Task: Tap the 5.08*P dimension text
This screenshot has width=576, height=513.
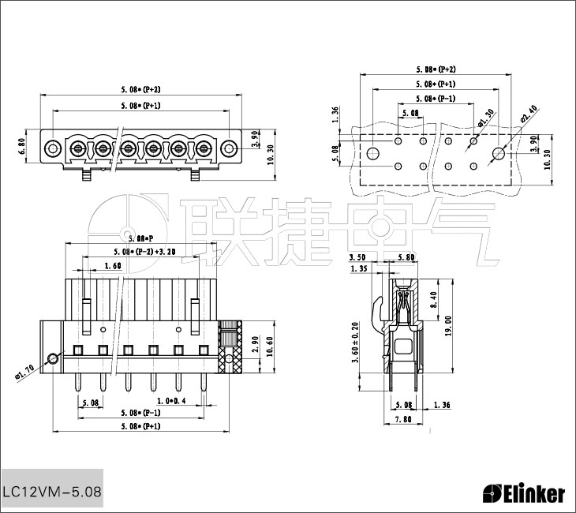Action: coord(140,238)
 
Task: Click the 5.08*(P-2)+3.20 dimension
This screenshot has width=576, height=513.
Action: coord(144,252)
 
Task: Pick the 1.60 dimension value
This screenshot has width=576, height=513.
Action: coord(112,267)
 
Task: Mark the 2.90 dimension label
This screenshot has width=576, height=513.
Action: coord(255,344)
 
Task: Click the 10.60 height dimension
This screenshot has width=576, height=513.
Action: coord(271,346)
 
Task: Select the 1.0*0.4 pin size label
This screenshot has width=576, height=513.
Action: coord(170,401)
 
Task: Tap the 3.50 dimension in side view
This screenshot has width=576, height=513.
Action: coord(357,257)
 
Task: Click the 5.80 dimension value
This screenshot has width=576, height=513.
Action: coord(406,257)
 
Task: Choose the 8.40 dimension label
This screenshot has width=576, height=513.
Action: coord(434,301)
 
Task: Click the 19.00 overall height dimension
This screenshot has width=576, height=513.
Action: coord(448,325)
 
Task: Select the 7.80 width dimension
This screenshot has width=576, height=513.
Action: coord(402,420)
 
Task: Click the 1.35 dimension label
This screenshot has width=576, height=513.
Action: coord(358,269)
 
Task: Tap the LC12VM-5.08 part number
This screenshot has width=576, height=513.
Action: coord(52,491)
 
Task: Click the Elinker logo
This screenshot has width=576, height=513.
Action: coord(524,494)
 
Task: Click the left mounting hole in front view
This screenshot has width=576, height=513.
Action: coord(52,147)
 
